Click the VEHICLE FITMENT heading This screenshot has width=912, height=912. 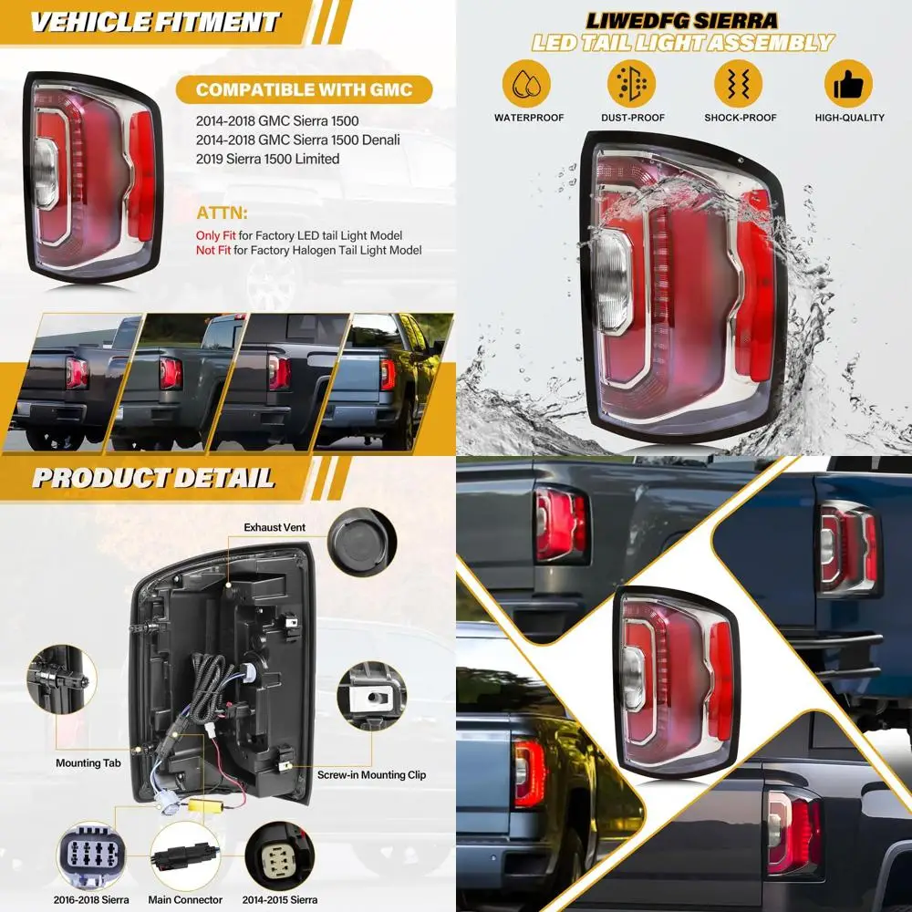tap(155, 21)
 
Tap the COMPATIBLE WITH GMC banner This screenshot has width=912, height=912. tap(304, 89)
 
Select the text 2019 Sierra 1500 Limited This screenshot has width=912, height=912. tap(267, 159)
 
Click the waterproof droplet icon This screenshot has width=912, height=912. tap(526, 85)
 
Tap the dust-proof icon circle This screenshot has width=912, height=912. tap(632, 85)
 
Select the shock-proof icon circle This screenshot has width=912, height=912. tap(740, 85)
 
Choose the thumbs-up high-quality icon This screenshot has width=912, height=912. tap(849, 85)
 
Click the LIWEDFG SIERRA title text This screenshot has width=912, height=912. tap(683, 20)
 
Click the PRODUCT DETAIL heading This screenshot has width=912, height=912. tap(153, 477)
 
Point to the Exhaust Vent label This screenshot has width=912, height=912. tap(275, 527)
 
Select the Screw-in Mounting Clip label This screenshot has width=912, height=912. tap(371, 775)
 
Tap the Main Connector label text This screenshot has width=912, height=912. tap(186, 900)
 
